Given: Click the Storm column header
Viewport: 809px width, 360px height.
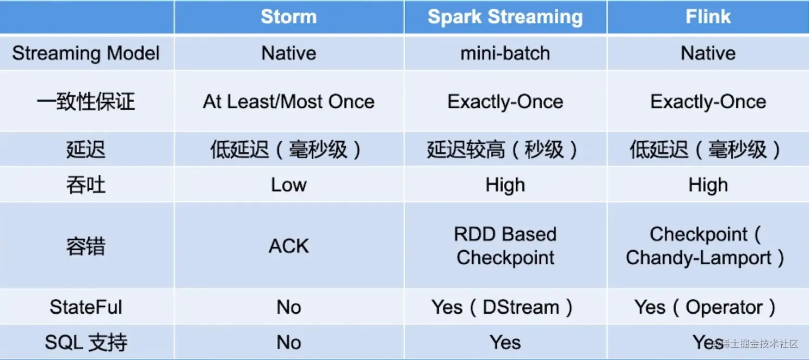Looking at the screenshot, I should (288, 17).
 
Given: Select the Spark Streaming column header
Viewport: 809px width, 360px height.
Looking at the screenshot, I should (505, 17).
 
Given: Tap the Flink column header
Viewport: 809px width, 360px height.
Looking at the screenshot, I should (708, 17).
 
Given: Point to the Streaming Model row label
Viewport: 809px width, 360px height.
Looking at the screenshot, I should (86, 53).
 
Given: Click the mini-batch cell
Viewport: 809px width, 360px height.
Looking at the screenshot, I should (505, 53).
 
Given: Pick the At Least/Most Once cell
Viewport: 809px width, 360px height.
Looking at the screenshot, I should (288, 102).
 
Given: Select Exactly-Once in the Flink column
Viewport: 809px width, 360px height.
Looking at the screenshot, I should (708, 102).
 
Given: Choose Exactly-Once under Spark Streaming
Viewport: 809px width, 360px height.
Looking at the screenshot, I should (505, 102).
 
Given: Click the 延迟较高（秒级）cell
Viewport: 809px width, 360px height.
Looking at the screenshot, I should (505, 150).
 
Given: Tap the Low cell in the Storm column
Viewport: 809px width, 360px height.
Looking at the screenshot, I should (288, 185).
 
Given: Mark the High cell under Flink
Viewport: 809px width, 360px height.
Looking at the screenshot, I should (708, 185).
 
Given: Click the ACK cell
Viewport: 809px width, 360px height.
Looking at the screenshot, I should (288, 246).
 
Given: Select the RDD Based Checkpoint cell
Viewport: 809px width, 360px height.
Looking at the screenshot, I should (505, 246).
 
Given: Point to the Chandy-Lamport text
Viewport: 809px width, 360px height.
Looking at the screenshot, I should (699, 258).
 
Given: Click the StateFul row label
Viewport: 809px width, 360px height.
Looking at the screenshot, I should (86, 307).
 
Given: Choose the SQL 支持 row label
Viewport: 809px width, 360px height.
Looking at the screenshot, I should (86, 343).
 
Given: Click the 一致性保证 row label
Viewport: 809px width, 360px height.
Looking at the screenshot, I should (86, 102).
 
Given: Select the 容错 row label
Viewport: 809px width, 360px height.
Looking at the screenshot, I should (86, 246).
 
